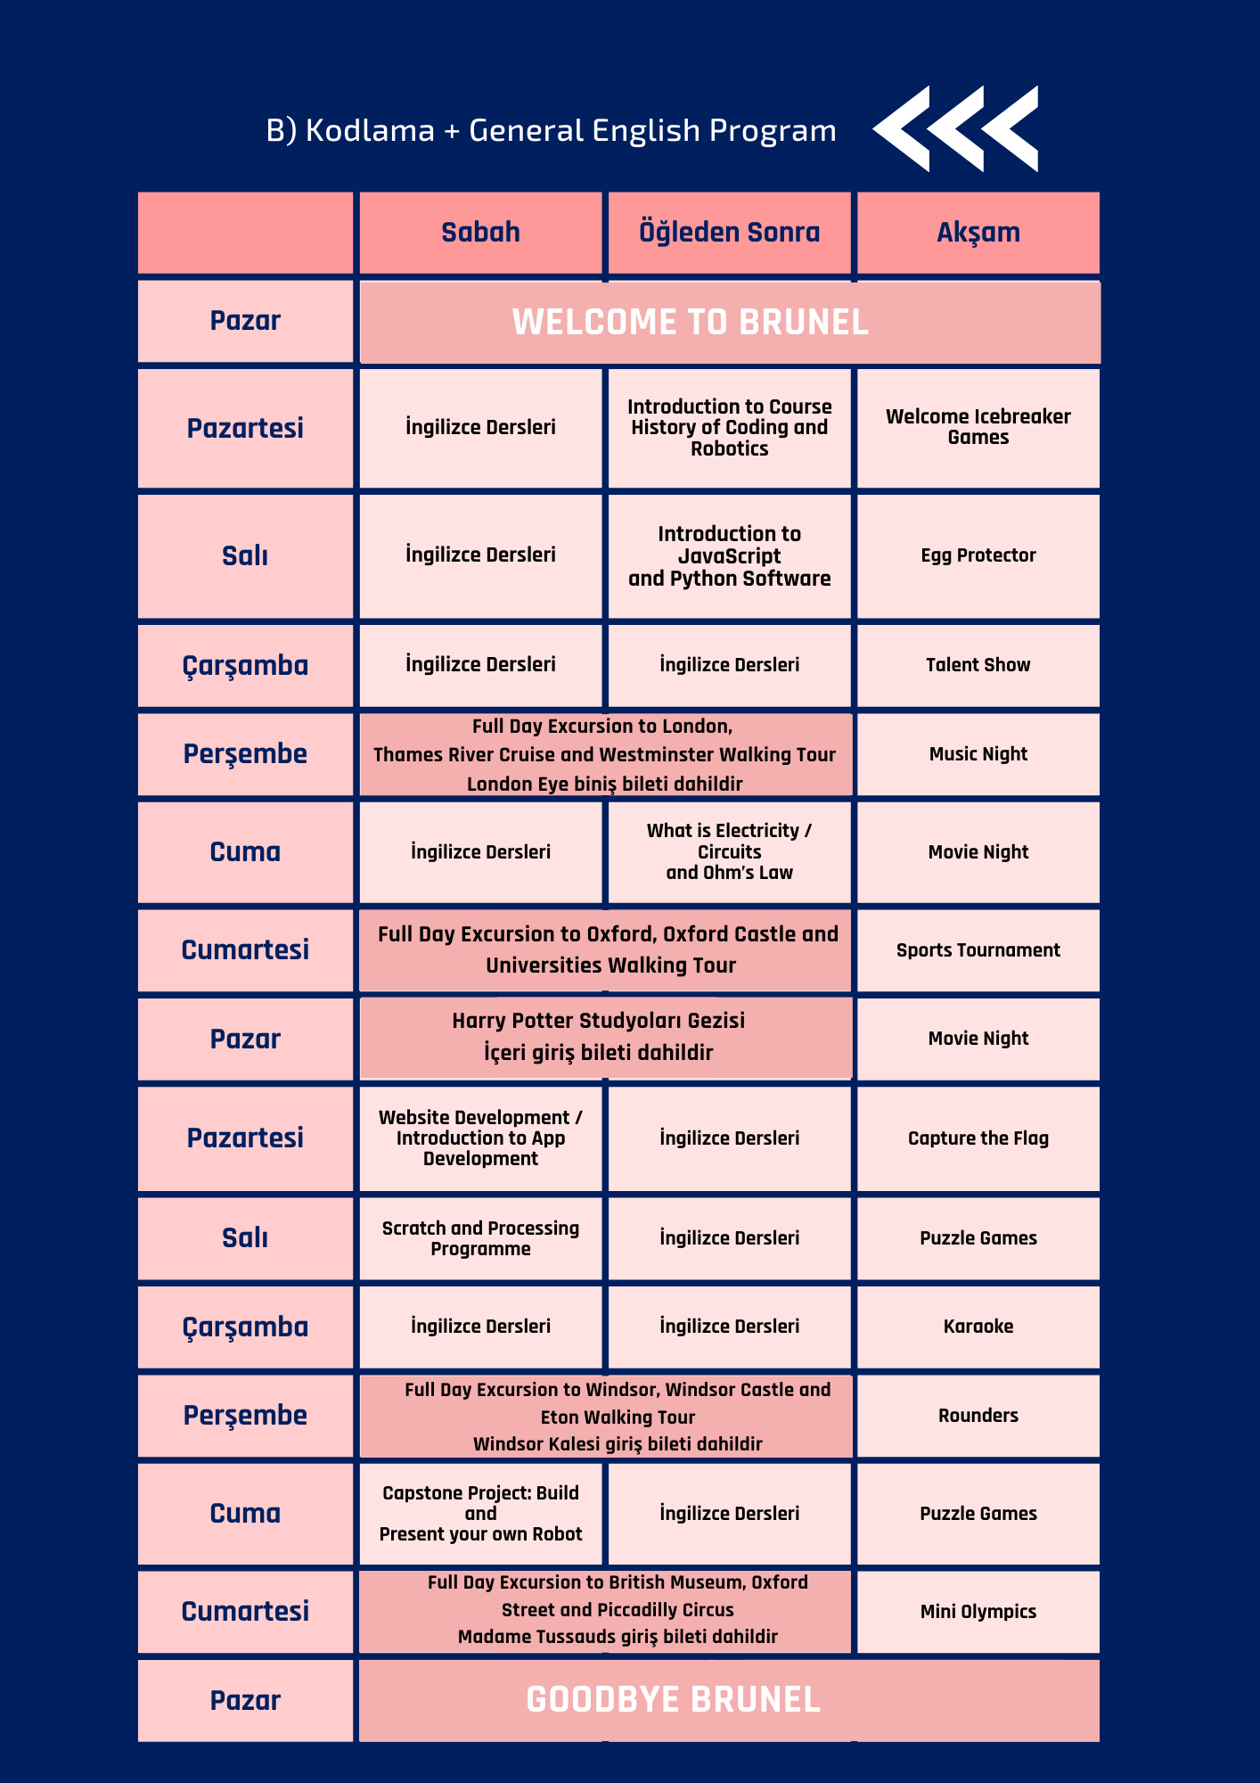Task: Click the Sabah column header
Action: tap(480, 233)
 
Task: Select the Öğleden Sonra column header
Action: tap(729, 233)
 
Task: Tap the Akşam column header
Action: tap(978, 233)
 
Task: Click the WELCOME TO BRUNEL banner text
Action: tap(690, 322)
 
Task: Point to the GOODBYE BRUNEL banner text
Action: tap(673, 1700)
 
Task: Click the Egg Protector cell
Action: tap(978, 555)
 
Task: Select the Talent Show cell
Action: tap(978, 665)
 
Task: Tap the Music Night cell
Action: tap(978, 754)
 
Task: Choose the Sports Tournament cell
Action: tap(978, 950)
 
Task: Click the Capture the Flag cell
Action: tap(978, 1138)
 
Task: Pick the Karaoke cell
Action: tap(978, 1327)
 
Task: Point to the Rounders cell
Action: tap(978, 1416)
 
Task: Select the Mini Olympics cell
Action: tap(978, 1612)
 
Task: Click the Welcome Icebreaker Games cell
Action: tap(978, 427)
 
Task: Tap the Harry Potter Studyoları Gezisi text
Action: tap(598, 1021)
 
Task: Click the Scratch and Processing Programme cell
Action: tap(480, 1238)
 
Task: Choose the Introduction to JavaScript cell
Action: tap(729, 556)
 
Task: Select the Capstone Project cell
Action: tap(480, 1514)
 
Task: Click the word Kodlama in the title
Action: tap(370, 131)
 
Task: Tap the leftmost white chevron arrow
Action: tap(903, 128)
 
